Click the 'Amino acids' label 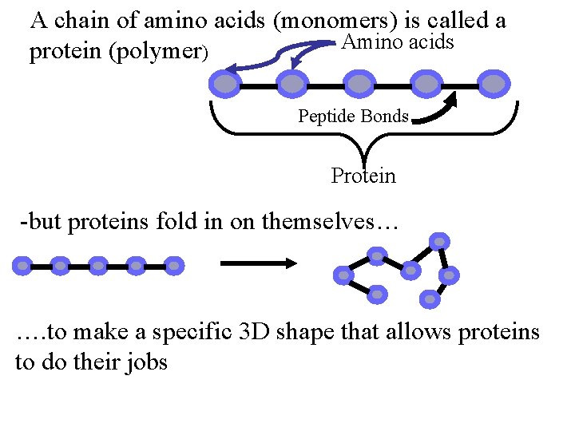point(397,42)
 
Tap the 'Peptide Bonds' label point(353,117)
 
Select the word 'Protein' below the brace point(363,176)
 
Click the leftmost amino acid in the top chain point(226,83)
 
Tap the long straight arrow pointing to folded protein point(259,263)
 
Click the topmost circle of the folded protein point(438,240)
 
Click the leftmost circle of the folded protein point(343,275)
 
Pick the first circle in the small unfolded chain point(23,265)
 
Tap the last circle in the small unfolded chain point(174,265)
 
